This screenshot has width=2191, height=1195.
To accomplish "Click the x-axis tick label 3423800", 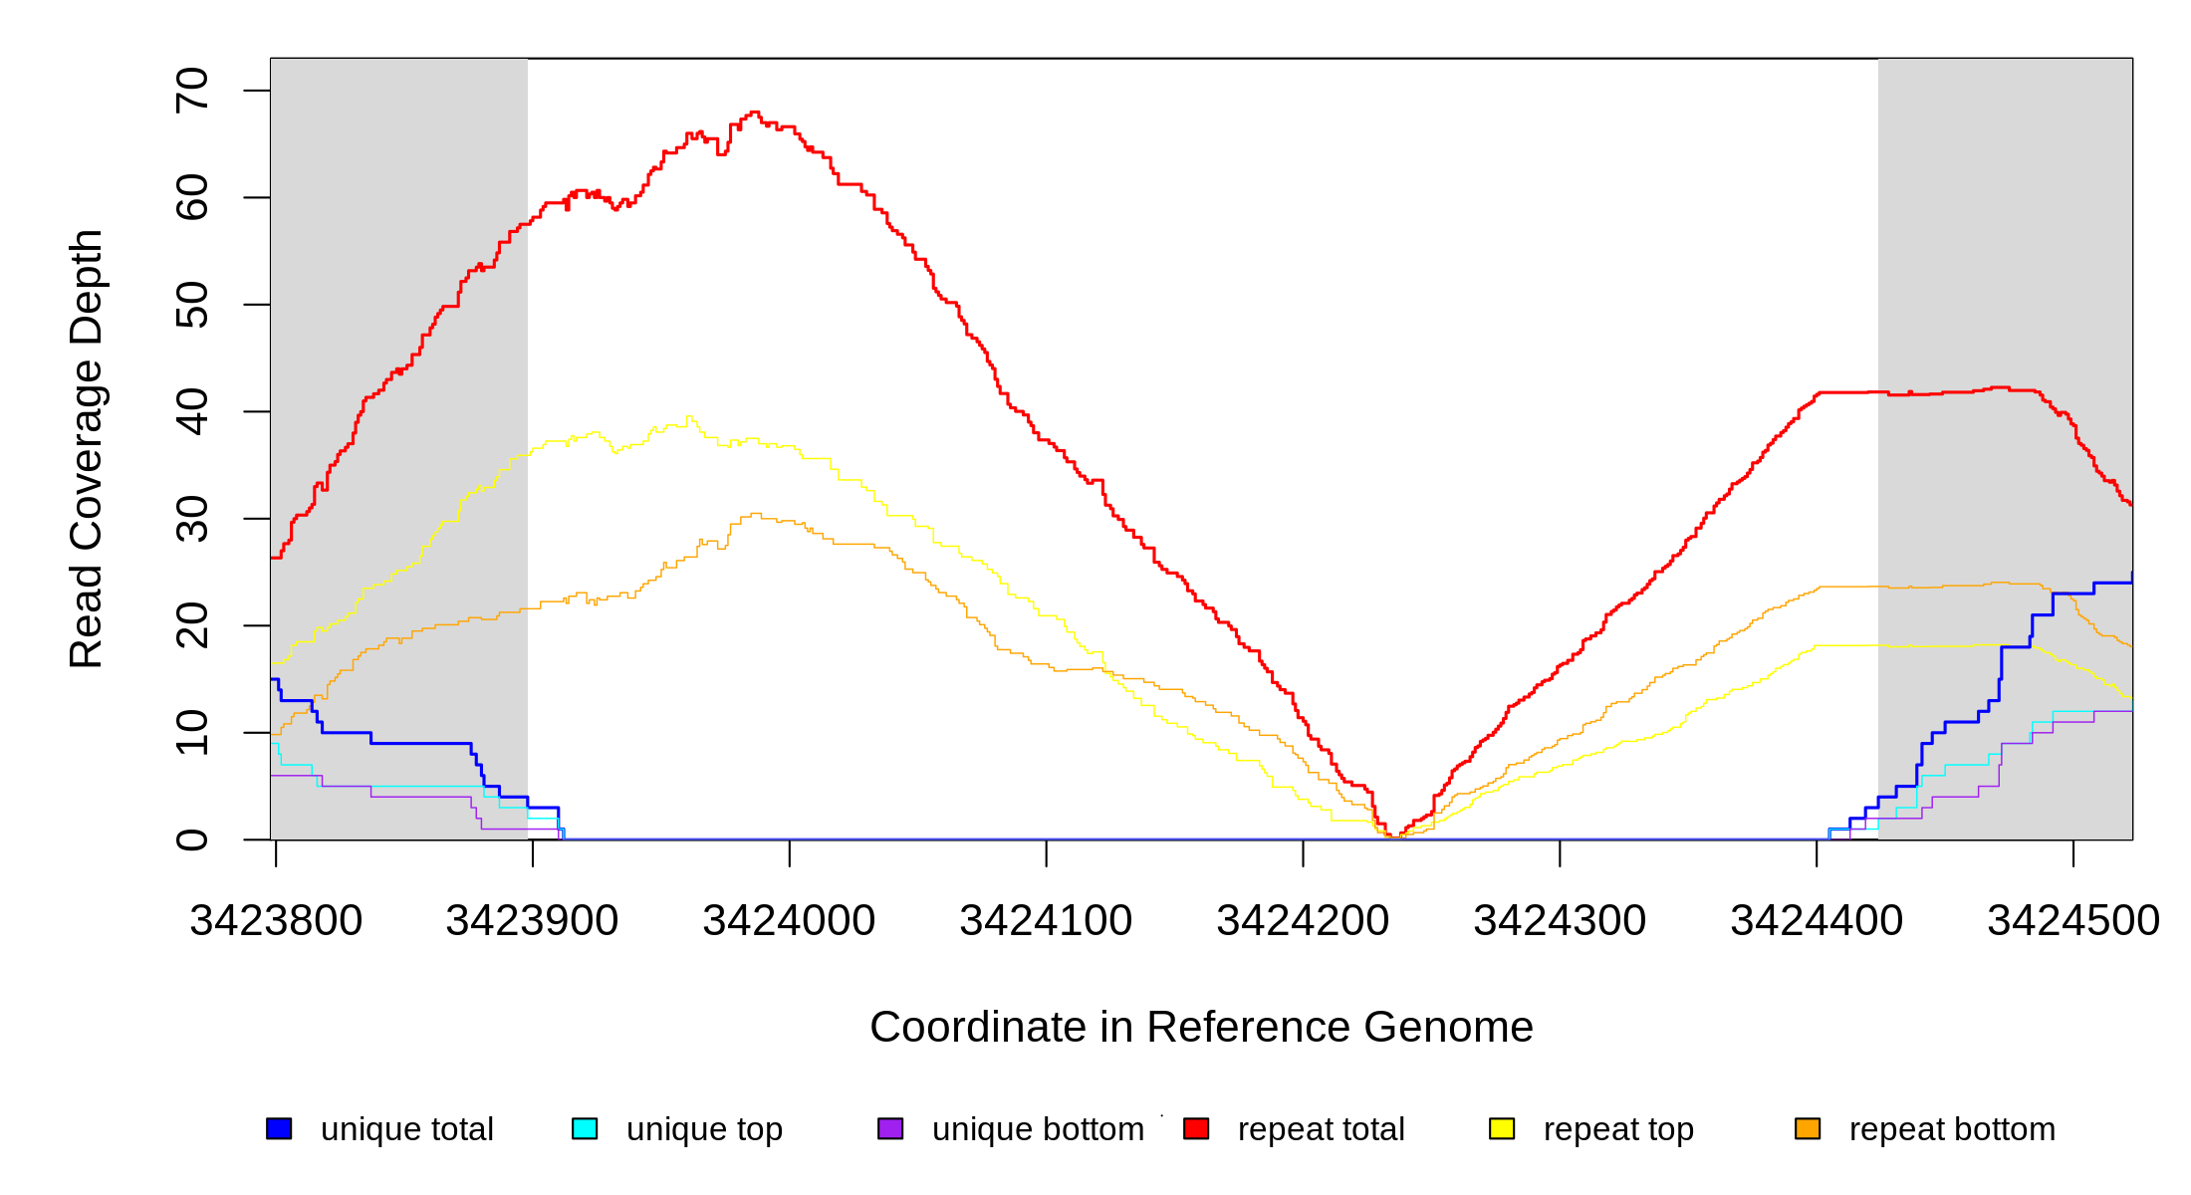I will tap(276, 921).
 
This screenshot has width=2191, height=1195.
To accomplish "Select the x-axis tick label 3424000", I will tap(789, 921).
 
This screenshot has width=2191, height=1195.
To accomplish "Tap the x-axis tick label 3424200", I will tap(1303, 921).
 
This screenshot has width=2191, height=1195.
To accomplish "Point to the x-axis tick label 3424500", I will tap(2073, 921).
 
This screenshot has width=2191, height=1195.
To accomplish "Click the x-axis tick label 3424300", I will tap(1560, 921).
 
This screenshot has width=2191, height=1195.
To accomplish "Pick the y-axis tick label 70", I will tap(192, 91).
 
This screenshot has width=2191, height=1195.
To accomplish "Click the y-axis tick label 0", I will tap(192, 839).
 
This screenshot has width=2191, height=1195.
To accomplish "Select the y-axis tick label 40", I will tap(192, 411).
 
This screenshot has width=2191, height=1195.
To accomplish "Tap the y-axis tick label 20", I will tap(192, 625).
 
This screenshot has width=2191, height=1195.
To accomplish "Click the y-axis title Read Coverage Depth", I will tap(87, 448).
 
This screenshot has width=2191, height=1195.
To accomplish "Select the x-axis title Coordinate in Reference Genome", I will tap(1201, 1028).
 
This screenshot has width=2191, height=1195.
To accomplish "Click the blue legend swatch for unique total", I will tap(279, 1129).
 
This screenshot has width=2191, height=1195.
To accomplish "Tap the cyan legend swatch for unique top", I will tap(585, 1129).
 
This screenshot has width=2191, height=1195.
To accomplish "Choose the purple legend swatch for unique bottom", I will tap(890, 1129).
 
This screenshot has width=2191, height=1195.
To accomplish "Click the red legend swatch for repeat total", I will tap(1196, 1129).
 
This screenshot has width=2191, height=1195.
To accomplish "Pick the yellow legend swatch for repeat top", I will tap(1502, 1129).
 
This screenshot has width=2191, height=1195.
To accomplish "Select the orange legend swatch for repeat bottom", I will tap(1808, 1129).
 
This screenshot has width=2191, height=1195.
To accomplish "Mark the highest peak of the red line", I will tap(754, 113).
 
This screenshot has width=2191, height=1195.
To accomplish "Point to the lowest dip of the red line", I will tap(1392, 836).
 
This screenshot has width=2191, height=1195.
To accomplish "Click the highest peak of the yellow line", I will tap(689, 417).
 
